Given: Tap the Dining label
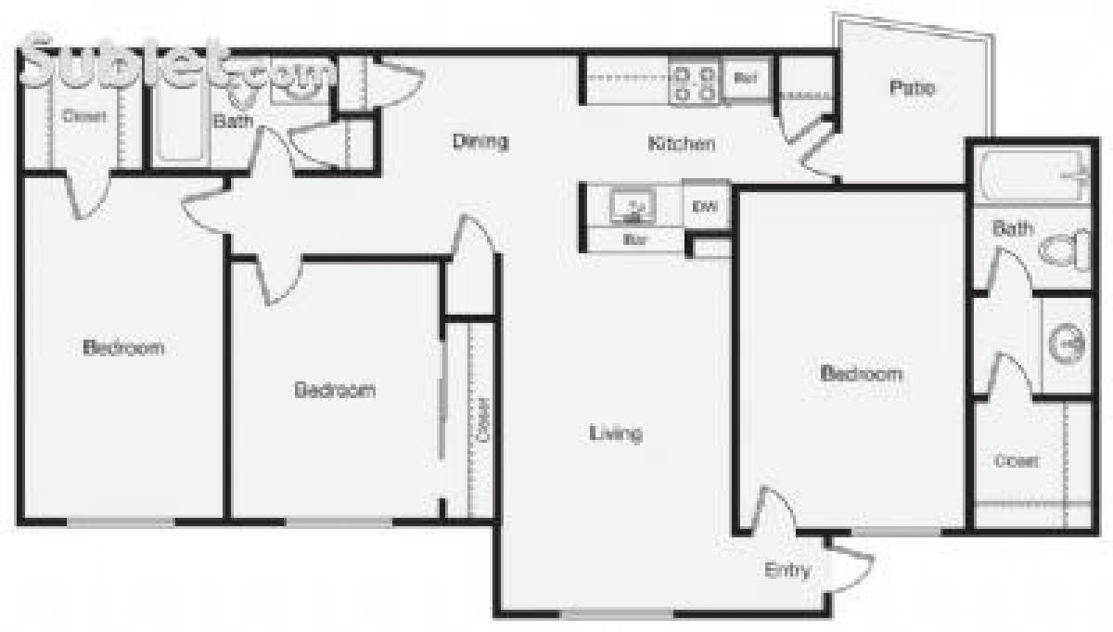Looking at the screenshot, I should [480, 142].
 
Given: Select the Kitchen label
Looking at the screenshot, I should [681, 144].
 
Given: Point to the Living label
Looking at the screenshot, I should [616, 432].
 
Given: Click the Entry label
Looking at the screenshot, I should [787, 570].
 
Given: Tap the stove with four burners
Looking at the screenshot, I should [695, 81].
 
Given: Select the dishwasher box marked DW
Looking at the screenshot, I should [705, 207].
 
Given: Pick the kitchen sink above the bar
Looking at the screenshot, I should [635, 207].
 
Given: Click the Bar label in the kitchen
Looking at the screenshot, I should [634, 239].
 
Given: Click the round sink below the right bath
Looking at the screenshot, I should [1067, 344].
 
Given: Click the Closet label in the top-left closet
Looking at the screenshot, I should [84, 117].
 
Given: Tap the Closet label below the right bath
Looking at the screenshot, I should [1017, 460].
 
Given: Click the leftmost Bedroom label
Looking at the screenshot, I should [123, 348].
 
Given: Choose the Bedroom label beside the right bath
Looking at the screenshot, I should [862, 374].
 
